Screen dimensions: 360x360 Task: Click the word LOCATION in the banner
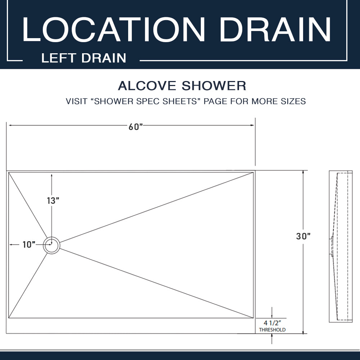click(x=113, y=29)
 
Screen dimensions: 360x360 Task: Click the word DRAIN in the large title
click(x=275, y=29)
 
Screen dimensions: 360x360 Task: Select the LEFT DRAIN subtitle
click(x=84, y=58)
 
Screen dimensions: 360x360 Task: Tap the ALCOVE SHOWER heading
click(x=182, y=86)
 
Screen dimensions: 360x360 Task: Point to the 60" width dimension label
click(x=136, y=127)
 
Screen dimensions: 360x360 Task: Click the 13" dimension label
click(x=53, y=201)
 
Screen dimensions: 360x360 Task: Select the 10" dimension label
click(x=29, y=244)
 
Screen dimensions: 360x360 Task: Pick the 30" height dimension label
click(x=303, y=236)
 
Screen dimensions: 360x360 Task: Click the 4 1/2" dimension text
click(x=272, y=323)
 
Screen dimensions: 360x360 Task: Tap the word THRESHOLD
click(x=272, y=330)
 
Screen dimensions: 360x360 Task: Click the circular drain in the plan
click(x=51, y=246)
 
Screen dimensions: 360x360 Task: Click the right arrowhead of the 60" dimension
click(x=252, y=125)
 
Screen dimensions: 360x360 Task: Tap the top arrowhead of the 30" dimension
click(x=303, y=172)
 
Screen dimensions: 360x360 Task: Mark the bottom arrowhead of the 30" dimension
click(x=303, y=332)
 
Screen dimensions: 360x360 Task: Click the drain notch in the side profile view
click(x=331, y=246)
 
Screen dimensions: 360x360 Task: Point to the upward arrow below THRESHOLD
click(x=272, y=339)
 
